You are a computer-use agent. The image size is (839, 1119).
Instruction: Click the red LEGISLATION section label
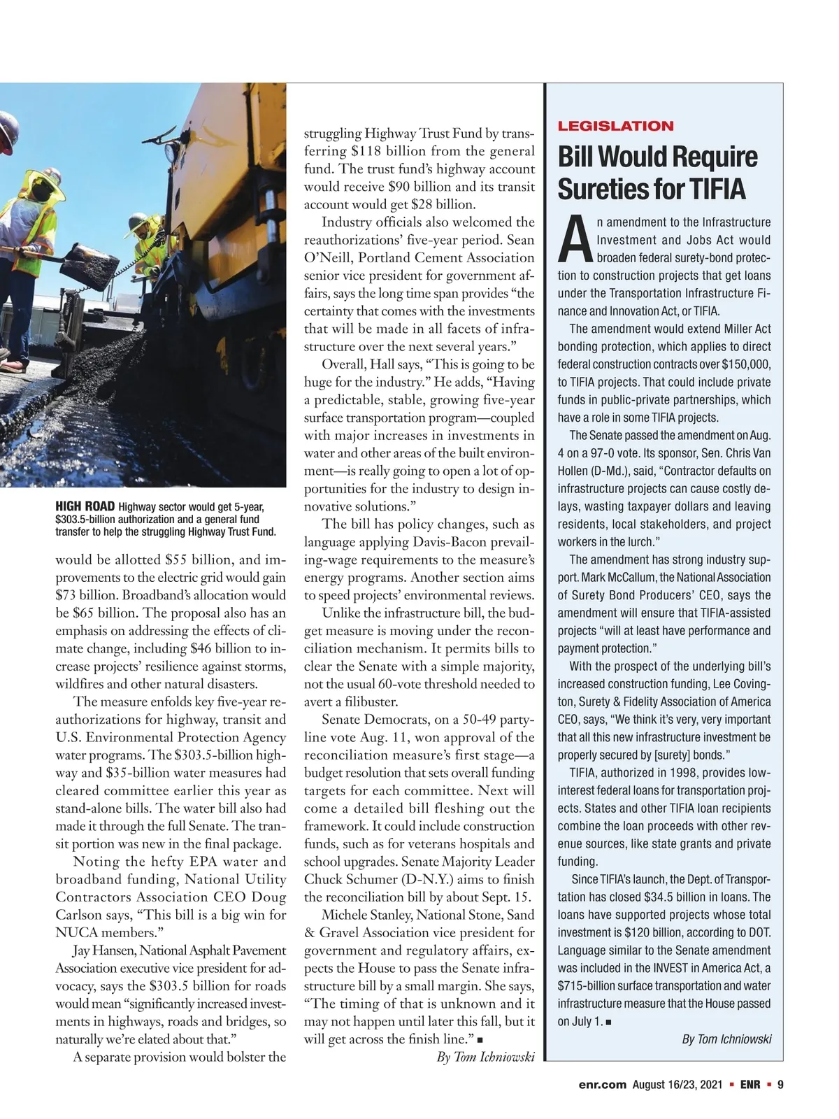tap(615, 126)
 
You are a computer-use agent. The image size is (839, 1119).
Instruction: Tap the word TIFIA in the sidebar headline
tap(718, 189)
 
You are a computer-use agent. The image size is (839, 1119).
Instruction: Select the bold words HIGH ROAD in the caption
tap(85, 507)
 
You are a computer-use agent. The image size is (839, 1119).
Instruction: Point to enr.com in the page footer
tap(602, 1085)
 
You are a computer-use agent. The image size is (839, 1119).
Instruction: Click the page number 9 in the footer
tap(780, 1085)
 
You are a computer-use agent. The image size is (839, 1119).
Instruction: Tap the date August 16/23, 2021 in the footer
tap(677, 1085)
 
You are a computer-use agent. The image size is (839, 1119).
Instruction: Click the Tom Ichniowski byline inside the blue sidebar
tap(726, 1039)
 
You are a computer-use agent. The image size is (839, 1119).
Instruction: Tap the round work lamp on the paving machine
tap(171, 151)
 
